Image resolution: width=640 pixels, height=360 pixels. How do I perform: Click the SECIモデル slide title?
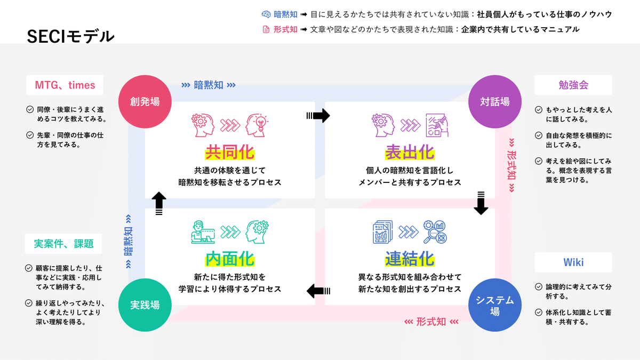[70, 37]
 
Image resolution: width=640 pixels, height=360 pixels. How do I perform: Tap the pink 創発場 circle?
[145, 101]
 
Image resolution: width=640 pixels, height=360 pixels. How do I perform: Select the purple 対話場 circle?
[495, 101]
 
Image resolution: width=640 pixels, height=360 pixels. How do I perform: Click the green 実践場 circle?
[145, 305]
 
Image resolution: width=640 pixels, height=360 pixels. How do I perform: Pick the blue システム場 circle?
[495, 305]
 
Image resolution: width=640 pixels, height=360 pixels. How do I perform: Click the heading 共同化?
[230, 152]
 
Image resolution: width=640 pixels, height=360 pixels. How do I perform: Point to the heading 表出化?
[410, 152]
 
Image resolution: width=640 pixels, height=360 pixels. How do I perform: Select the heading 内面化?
[230, 259]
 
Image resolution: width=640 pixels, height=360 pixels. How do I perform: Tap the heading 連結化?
[410, 259]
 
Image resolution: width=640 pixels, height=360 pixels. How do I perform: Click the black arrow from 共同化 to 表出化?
[318, 115]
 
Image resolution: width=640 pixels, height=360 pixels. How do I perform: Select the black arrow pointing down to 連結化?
[481, 203]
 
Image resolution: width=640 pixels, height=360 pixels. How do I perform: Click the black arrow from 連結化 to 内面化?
[318, 291]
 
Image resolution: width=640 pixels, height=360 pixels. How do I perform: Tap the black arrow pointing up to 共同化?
[159, 203]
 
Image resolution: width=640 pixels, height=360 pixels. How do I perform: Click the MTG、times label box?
[65, 85]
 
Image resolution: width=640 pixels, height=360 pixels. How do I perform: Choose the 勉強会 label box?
[573, 85]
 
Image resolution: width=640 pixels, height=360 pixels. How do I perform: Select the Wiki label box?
[573, 262]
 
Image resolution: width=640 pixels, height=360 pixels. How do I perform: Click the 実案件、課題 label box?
[63, 243]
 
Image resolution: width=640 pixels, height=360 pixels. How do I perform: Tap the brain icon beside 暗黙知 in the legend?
[266, 14]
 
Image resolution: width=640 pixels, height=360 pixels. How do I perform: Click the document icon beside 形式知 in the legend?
[266, 29]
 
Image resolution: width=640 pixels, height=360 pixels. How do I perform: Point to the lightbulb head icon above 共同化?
[257, 125]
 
